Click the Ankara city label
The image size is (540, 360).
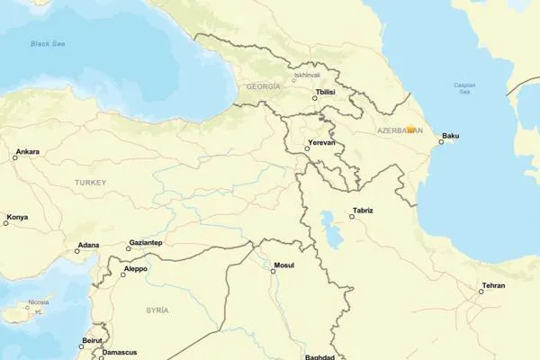(27, 151)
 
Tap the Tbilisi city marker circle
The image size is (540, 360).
(315, 98)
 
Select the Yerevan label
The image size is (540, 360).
(321, 142)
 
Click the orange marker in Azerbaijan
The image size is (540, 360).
(410, 130)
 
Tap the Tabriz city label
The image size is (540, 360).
(363, 211)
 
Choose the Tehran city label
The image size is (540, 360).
(493, 285)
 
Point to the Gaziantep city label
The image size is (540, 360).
(146, 242)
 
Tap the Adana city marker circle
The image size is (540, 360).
(76, 251)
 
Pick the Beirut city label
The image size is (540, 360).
(92, 340)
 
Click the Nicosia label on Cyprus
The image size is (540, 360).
(38, 302)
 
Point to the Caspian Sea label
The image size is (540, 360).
(466, 88)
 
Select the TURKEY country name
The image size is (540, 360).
(90, 183)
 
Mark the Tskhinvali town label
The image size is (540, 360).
(306, 76)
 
